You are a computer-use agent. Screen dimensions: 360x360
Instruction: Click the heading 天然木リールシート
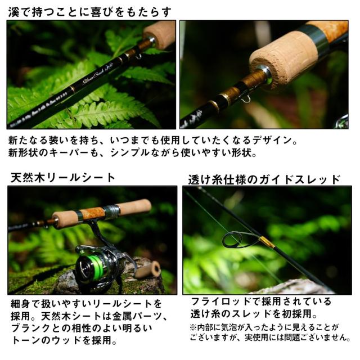tap(63, 178)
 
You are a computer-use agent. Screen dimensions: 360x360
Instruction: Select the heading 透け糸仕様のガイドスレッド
tap(264, 179)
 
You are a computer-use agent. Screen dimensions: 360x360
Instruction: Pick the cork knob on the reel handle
tap(148, 269)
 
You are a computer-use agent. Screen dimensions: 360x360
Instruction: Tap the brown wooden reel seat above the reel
tap(93, 213)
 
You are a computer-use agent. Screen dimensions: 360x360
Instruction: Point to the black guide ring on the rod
tap(236, 240)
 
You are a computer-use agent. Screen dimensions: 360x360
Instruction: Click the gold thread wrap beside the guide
tap(266, 242)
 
